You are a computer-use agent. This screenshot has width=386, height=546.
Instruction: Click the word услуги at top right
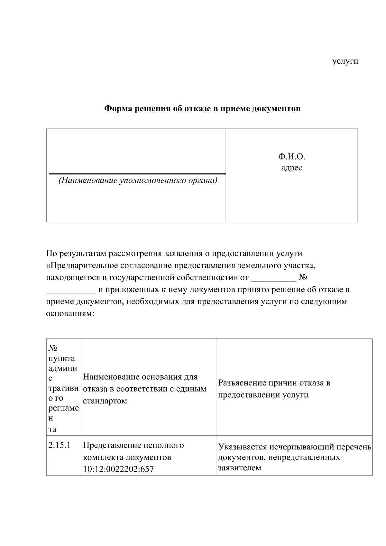click(x=345, y=61)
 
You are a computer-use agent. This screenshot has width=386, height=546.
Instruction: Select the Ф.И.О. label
click(x=291, y=157)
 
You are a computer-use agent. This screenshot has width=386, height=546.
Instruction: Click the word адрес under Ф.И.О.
click(x=291, y=168)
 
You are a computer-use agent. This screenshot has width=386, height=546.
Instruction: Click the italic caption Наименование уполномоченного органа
click(x=138, y=180)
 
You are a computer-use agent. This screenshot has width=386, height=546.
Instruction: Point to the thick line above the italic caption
click(x=138, y=174)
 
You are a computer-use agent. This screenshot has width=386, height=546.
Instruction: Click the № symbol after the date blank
click(x=303, y=277)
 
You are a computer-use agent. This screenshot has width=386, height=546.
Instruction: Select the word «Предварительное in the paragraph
click(x=82, y=265)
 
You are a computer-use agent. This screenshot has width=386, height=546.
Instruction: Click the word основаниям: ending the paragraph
click(x=70, y=314)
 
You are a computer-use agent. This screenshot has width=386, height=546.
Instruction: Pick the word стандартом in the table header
click(x=105, y=401)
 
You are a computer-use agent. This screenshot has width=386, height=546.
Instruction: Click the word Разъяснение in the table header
click(x=242, y=383)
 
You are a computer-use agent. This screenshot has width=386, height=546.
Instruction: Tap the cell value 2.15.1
click(x=59, y=445)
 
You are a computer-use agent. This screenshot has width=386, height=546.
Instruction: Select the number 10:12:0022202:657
click(x=118, y=469)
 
